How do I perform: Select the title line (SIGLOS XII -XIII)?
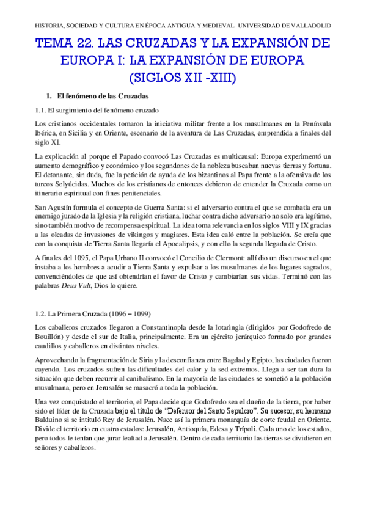(183, 78)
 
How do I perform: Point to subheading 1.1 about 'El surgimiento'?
(97, 111)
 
